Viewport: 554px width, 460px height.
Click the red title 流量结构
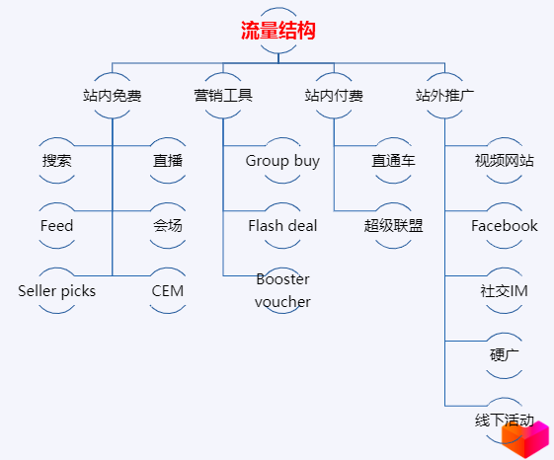coord(278,31)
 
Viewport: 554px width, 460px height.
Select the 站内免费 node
coord(113,96)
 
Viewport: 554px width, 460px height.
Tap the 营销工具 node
coord(223,96)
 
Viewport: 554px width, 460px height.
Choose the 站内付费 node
coord(334,96)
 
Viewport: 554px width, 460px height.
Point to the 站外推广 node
coord(444,96)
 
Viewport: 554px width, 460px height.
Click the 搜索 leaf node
coord(57,160)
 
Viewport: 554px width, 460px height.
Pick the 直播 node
coord(168,160)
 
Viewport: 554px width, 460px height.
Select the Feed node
coord(57,226)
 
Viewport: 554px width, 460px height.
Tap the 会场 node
coord(168,226)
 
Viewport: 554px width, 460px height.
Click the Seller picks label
coord(57,291)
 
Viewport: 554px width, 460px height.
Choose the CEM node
coord(168,291)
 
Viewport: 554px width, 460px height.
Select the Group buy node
coord(282,161)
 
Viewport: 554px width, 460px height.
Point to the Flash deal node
coord(282,226)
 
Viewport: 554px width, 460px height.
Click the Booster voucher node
coord(282,290)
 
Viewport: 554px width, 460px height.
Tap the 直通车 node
coord(393,160)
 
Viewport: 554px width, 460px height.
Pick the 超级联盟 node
coord(393,226)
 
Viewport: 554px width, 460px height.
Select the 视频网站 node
coord(505,160)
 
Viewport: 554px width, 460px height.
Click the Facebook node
coord(505,226)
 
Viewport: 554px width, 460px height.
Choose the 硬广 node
coord(505,355)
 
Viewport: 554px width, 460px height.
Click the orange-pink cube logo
coord(525,439)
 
